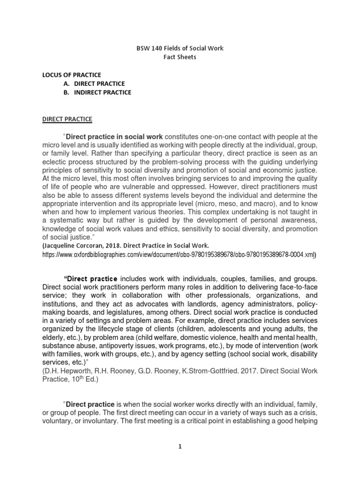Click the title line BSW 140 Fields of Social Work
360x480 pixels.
point(180,49)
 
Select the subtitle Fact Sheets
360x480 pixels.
point(180,58)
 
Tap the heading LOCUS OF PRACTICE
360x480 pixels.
point(71,75)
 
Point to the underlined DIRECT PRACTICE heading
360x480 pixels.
point(67,120)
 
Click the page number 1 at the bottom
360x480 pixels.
point(180,460)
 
